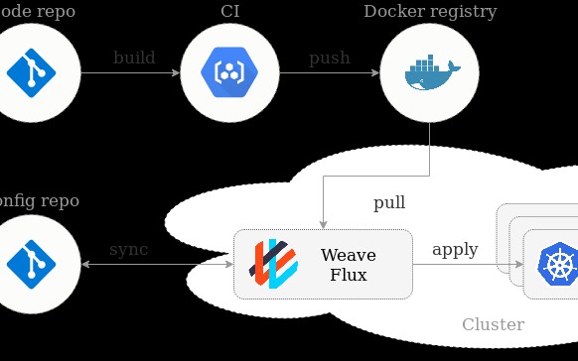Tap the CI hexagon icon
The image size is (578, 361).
[x=229, y=73]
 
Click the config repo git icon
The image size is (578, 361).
[x=30, y=264]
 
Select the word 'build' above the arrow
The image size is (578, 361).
[x=134, y=58]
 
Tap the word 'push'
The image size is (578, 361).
[x=330, y=58]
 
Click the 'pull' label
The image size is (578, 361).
[x=389, y=203]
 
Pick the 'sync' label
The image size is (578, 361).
[x=128, y=249]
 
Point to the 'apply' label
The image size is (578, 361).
[x=455, y=249]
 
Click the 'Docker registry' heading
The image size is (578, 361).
[x=430, y=12]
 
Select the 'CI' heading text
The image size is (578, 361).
[x=229, y=12]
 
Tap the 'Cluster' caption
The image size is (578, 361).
[x=493, y=324]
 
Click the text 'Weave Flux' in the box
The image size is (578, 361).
[x=348, y=265]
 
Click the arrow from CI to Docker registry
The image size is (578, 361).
[x=330, y=73]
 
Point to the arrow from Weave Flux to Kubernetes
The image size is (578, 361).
[x=468, y=265]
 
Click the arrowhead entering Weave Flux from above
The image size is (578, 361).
[x=323, y=222]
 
